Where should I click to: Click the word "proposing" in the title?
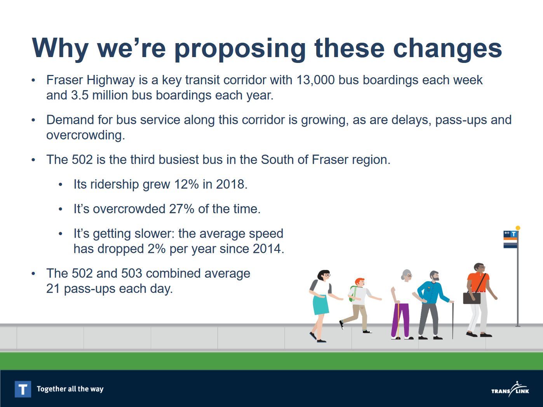point(240,49)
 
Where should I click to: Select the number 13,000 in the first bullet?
point(315,80)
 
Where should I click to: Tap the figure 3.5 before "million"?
point(80,95)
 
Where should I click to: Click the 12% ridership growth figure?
point(186,184)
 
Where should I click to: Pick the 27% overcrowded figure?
point(182,209)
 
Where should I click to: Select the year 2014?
point(268,249)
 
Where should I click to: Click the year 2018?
point(231,184)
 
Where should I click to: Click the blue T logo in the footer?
point(23,389)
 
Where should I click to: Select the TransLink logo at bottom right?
point(510,389)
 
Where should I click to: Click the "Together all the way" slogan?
point(70,389)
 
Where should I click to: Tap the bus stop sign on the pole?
point(510,239)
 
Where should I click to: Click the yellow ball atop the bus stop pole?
point(517,228)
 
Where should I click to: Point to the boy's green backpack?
point(353,294)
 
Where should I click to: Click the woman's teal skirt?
point(321,304)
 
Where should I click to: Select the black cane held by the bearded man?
point(453,321)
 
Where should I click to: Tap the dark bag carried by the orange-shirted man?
point(472,298)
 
